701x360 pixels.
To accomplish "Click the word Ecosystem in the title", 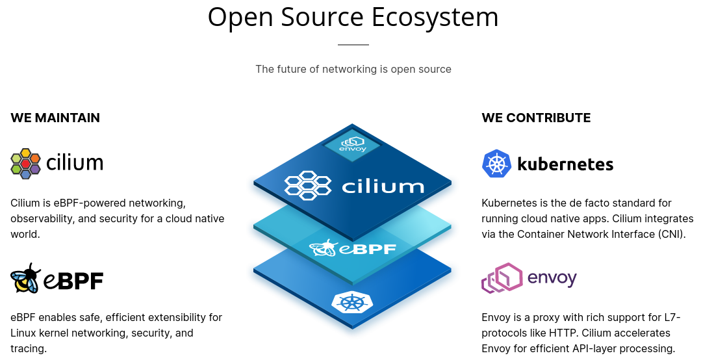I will [x=435, y=17].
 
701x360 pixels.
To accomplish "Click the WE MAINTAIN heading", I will [x=55, y=118].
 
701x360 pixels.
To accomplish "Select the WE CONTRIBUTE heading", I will [x=536, y=118].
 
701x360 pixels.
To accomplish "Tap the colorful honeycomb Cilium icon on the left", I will [x=26, y=163].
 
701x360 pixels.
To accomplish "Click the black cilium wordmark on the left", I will [x=75, y=162].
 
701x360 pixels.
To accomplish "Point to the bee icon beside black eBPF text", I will [x=26, y=279].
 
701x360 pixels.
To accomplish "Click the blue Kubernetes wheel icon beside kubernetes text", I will [x=496, y=163].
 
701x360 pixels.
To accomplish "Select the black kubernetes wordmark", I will [x=565, y=163].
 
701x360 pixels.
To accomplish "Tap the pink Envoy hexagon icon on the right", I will [x=502, y=278].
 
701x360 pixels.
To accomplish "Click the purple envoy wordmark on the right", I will [x=552, y=279].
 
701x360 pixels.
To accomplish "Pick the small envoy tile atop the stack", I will [x=352, y=144].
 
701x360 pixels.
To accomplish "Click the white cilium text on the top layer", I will [x=383, y=187].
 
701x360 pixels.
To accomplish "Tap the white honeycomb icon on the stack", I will [x=309, y=185].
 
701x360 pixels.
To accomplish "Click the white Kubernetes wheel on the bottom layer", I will [x=352, y=302].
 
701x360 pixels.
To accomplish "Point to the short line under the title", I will [x=353, y=45].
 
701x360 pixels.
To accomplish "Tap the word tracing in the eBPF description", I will [x=27, y=348].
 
